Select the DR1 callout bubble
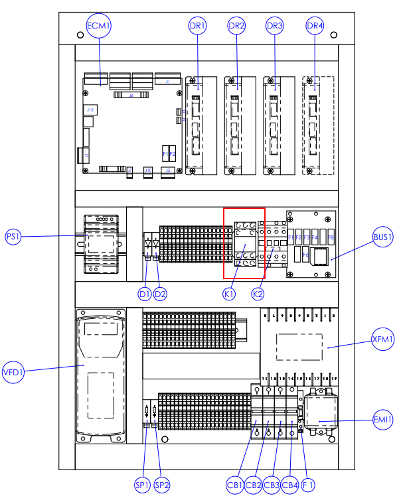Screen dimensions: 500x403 point(198,26)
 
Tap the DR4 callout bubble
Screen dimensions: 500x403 point(315,26)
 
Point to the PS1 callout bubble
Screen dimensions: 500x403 point(14,237)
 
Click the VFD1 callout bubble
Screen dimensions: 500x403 point(13,371)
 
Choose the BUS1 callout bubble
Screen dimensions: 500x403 point(383,237)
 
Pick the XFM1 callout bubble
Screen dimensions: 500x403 point(383,340)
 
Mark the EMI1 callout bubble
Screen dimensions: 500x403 point(383,419)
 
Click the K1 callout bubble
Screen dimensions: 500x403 point(230,293)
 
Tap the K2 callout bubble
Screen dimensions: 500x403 point(258,293)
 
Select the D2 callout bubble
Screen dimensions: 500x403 point(160,293)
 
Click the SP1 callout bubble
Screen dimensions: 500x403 point(143,485)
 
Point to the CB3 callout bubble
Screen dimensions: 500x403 point(272,485)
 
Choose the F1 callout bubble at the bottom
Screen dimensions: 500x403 point(308,485)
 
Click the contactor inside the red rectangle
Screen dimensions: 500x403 point(244,243)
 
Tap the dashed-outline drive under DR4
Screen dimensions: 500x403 point(319,126)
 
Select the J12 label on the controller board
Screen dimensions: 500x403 point(90,109)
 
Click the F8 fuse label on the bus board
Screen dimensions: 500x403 point(330,237)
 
